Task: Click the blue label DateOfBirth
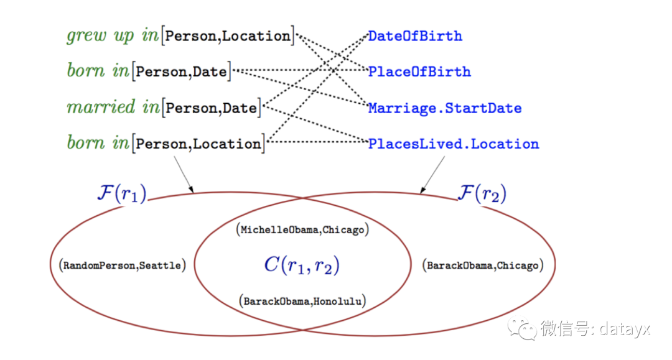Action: point(415,36)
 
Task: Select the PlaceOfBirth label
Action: point(419,72)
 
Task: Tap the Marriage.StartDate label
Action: point(445,108)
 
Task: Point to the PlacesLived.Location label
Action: point(454,144)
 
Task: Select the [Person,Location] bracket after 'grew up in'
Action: point(228,36)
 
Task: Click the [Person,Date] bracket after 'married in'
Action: point(212,108)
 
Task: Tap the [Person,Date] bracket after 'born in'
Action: point(182,72)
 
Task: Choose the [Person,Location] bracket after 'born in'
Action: point(198,144)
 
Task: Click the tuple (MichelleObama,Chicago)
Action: point(302,229)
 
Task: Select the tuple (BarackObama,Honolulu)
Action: point(302,301)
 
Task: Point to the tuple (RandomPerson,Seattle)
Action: point(122,265)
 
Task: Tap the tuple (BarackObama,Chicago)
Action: point(483,265)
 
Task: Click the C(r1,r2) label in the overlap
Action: point(302,265)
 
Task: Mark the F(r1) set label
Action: point(122,193)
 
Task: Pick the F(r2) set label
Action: point(482,193)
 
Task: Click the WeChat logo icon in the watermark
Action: point(522,329)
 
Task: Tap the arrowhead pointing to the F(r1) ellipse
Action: point(191,190)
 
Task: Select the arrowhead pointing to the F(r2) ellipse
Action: point(422,190)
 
